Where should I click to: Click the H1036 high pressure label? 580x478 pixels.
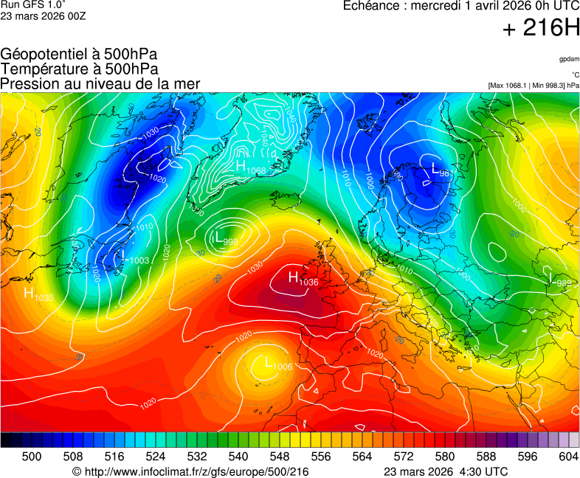[x=303, y=279]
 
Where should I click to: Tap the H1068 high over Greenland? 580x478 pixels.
[x=251, y=168]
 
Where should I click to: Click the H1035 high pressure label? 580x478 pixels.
[x=38, y=294]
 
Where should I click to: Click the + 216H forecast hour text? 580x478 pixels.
[x=541, y=28]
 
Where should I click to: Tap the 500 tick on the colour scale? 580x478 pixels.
[x=31, y=457]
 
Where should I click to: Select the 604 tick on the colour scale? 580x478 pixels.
[x=567, y=457]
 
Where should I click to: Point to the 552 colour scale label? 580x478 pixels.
[x=300, y=457]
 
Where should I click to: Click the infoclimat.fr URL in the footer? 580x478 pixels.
[x=190, y=471]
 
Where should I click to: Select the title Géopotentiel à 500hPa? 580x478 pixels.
[x=79, y=55]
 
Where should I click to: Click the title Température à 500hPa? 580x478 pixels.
[x=79, y=69]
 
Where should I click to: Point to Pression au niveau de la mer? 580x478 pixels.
[x=100, y=84]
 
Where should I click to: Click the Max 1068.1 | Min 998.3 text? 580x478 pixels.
[x=534, y=86]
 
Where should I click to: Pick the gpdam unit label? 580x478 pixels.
[x=569, y=58]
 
